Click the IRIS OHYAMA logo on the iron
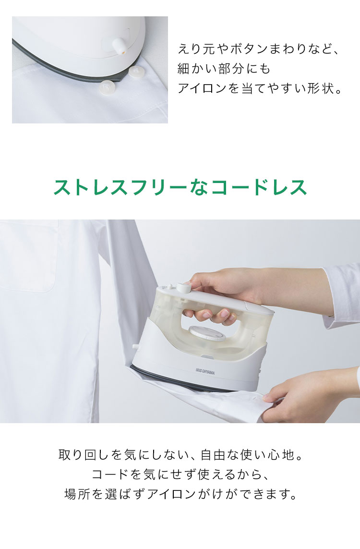tap(205, 371)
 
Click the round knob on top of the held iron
tap(183, 287)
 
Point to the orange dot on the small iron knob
tap(124, 52)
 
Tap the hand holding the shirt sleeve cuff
tap(312, 396)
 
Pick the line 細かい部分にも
tap(224, 69)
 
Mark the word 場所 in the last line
tap(77, 494)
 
